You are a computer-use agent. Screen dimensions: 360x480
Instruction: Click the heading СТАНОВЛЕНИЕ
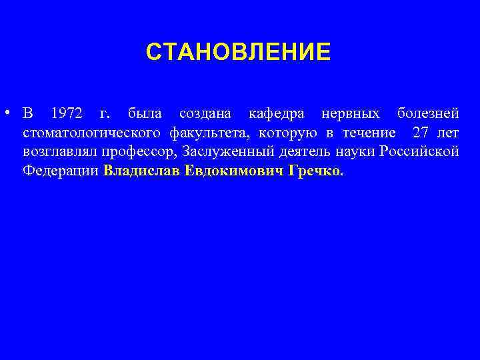click(x=238, y=51)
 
